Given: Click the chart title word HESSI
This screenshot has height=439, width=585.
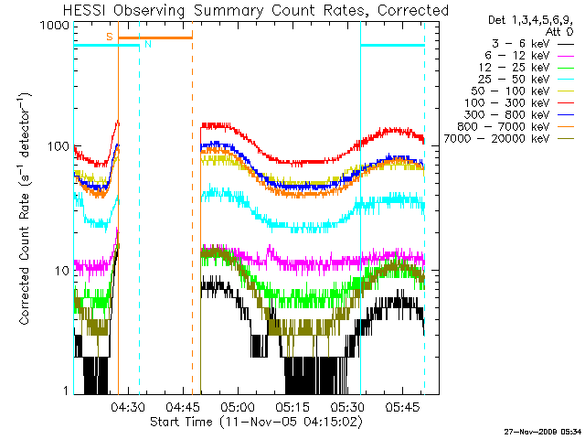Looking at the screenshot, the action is point(85,10).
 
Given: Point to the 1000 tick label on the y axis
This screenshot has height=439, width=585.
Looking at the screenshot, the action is point(55,26).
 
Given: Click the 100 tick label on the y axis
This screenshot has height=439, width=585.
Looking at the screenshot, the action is point(58,146).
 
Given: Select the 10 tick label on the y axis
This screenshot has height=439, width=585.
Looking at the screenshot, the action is point(62,271).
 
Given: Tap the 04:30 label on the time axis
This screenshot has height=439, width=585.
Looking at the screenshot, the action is point(128,407).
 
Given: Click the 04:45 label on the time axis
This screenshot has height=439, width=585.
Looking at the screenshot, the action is point(183,407).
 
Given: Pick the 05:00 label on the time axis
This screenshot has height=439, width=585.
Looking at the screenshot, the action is point(238,407).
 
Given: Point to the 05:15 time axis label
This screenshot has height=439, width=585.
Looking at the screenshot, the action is point(292,407).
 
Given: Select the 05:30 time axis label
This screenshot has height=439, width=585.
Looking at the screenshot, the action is point(347,407).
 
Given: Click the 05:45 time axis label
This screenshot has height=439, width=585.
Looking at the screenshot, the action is point(402,407).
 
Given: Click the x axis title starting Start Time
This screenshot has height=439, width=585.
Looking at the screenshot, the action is point(256,422).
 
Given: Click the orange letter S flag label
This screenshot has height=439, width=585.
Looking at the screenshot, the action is point(110,37).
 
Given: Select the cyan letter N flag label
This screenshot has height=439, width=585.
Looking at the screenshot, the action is point(148,44).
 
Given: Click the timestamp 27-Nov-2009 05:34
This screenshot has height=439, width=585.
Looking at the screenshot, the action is point(542,432).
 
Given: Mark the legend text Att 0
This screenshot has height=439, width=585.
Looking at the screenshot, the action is point(558,32).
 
